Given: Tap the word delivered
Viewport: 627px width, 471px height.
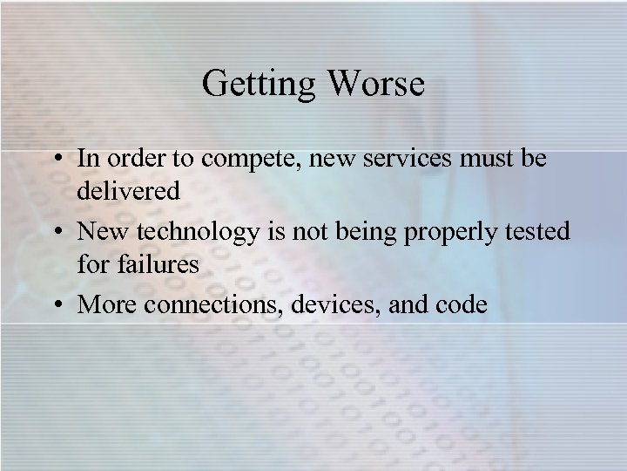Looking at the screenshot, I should tap(128, 189).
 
